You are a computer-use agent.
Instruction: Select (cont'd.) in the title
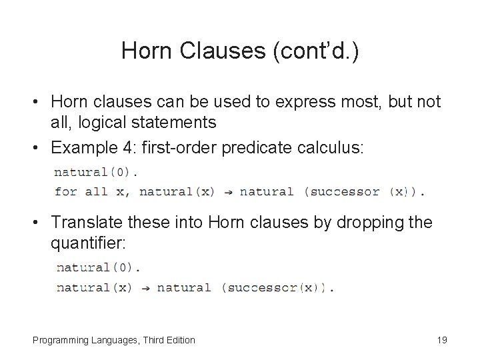tap(318, 51)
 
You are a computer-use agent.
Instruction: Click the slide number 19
tap(441, 340)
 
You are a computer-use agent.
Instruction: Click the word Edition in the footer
tap(179, 340)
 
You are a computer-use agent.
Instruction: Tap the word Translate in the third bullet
tap(84, 223)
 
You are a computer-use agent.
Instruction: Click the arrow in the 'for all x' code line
tap(227, 192)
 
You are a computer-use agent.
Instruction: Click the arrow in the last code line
tap(144, 289)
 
